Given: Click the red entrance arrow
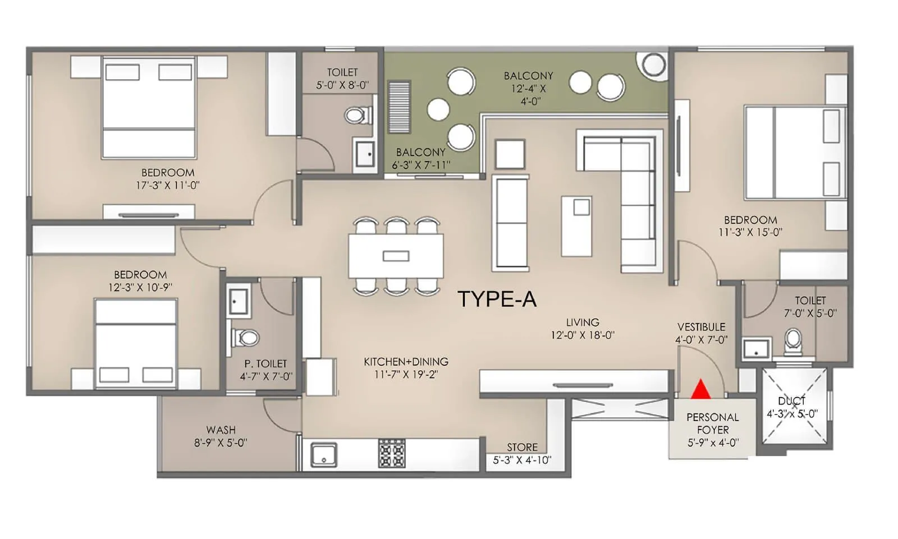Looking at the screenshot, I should tap(700, 389).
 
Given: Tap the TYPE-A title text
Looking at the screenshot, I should tap(497, 299).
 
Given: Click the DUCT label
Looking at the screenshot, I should tap(792, 401).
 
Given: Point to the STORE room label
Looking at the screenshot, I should tap(522, 447).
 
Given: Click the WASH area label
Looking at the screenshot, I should tap(221, 430).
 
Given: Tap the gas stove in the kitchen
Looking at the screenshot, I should tap(392, 453).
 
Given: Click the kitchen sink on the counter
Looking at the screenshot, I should tap(324, 454).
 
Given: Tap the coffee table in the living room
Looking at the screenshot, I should tap(576, 225).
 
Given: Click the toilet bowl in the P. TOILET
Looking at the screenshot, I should tap(246, 338).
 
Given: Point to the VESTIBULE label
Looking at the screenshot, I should tap(702, 326).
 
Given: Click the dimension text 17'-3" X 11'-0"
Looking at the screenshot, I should tap(168, 185).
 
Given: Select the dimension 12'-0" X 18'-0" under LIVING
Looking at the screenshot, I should tap(583, 335).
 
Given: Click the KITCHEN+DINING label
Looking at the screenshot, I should tap(406, 362).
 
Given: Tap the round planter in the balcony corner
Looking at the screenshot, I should tap(654, 65).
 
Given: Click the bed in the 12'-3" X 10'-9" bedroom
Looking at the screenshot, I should tap(136, 343).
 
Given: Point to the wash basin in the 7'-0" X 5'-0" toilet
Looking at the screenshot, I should tap(755, 349).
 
